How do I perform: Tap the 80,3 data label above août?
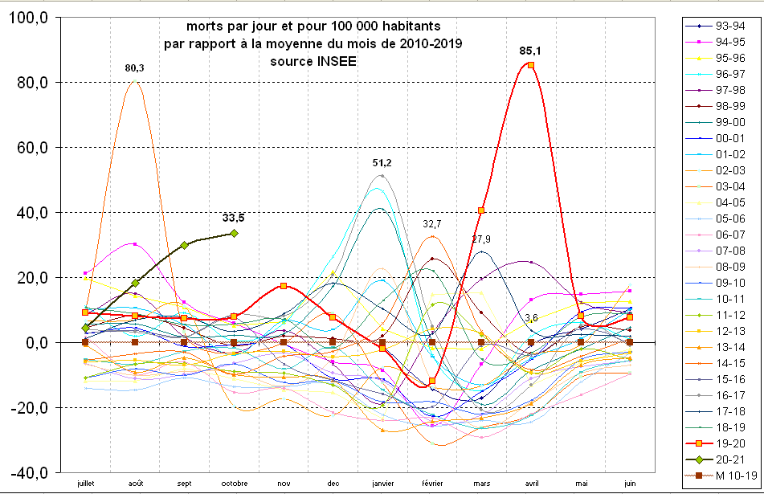coord(134,68)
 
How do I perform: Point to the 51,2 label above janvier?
coord(382,163)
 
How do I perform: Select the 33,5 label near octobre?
coord(233,218)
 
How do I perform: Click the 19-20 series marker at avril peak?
coord(531,65)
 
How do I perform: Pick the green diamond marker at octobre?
coord(234,233)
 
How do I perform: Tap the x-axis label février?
coord(431,484)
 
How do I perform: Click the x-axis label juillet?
coord(85,484)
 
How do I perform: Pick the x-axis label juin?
coord(630,484)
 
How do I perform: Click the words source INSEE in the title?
coord(313,60)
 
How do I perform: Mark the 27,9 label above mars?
coord(481,239)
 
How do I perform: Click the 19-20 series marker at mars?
coord(481,210)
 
